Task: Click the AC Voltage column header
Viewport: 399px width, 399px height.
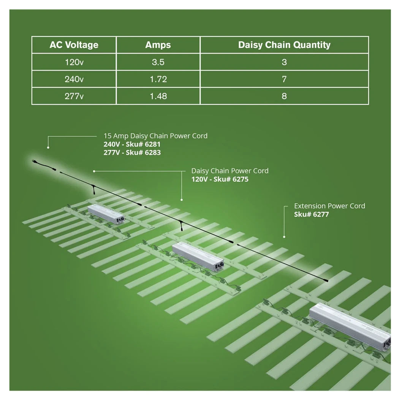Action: pyautogui.click(x=74, y=45)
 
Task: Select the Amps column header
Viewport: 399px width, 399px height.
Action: pyautogui.click(x=158, y=45)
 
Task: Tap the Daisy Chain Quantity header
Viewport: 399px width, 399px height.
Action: pyautogui.click(x=284, y=45)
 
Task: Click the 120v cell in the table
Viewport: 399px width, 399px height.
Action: pyautogui.click(x=74, y=62)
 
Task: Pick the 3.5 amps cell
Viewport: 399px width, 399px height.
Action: pyautogui.click(x=158, y=62)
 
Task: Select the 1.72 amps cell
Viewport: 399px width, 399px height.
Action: pyautogui.click(x=158, y=79)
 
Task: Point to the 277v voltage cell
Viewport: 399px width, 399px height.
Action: pyautogui.click(x=74, y=96)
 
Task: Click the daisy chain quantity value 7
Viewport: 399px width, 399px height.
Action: pyautogui.click(x=284, y=79)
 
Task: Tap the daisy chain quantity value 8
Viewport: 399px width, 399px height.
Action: pyautogui.click(x=284, y=96)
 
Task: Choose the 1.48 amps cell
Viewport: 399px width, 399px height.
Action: pyautogui.click(x=158, y=96)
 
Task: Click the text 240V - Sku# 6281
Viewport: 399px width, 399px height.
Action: pyautogui.click(x=132, y=144)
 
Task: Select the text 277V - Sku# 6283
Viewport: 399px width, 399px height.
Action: pyautogui.click(x=132, y=152)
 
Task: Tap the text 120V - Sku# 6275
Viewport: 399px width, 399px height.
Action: pyautogui.click(x=220, y=179)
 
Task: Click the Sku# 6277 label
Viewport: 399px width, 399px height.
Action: pyautogui.click(x=312, y=214)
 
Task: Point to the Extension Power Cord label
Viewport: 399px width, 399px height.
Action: pyautogui.click(x=329, y=206)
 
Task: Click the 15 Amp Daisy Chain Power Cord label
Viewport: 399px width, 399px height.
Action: pyautogui.click(x=155, y=136)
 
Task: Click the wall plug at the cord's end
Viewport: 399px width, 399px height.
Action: pyautogui.click(x=34, y=161)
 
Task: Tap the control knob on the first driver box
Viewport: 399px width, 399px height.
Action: pyautogui.click(x=122, y=218)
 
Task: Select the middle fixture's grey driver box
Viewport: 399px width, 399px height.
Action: pyautogui.click(x=198, y=256)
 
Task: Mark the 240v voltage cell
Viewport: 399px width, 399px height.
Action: pyautogui.click(x=74, y=79)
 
